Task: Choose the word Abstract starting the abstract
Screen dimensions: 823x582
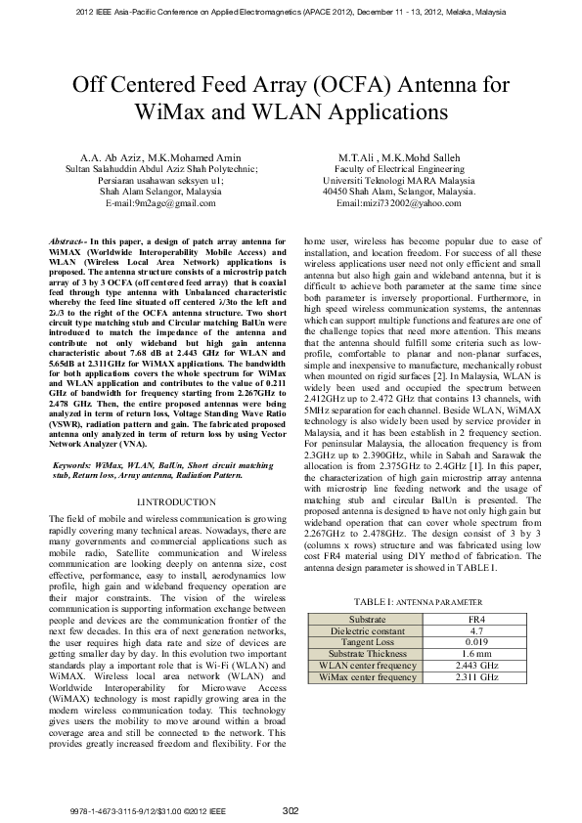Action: pyautogui.click(x=68, y=240)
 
